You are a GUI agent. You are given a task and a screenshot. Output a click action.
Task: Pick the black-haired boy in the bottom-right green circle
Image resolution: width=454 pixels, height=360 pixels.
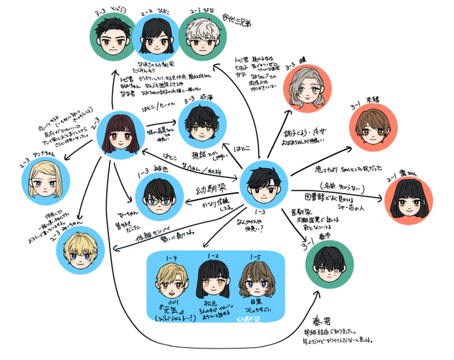tap(330, 266)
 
